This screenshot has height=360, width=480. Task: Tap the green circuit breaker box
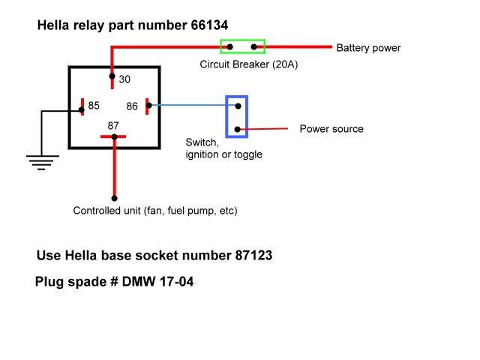pyautogui.click(x=241, y=46)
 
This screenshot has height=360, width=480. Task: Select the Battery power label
pyautogui.click(x=368, y=48)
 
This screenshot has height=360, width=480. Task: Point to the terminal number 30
pyautogui.click(x=124, y=79)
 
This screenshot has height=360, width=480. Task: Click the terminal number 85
pyautogui.click(x=94, y=106)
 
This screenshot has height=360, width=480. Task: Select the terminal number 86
pyautogui.click(x=132, y=106)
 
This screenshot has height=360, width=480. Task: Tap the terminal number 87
pyautogui.click(x=114, y=124)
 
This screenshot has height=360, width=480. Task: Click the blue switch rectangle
pyautogui.click(x=237, y=117)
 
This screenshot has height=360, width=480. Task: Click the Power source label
pyautogui.click(x=331, y=129)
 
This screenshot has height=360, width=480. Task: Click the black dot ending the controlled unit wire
pyautogui.click(x=114, y=199)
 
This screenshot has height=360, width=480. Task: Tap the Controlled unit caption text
pyautogui.click(x=155, y=211)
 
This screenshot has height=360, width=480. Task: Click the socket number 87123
pyautogui.click(x=250, y=255)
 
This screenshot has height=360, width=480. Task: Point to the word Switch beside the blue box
pyautogui.click(x=202, y=142)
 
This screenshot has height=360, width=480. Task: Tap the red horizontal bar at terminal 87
pyautogui.click(x=114, y=137)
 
